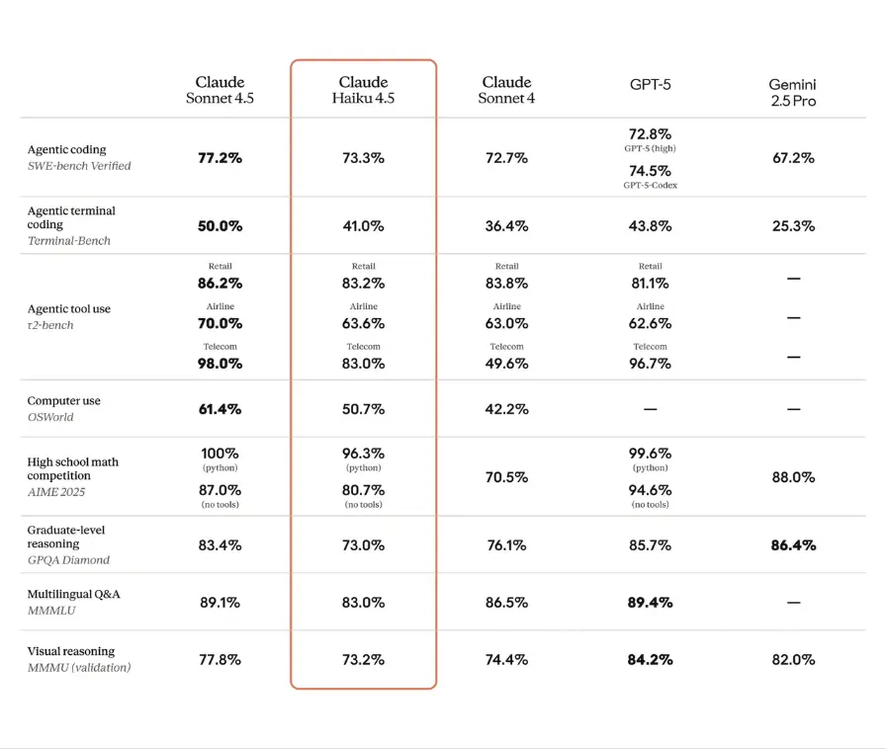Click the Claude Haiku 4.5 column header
(363, 90)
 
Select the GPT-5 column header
(650, 84)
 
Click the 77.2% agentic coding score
(220, 158)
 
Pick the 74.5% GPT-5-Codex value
(650, 170)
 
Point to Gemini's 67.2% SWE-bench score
(793, 158)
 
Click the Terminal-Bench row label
(69, 240)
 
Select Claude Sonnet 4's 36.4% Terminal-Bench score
(506, 226)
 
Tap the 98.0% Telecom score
(220, 364)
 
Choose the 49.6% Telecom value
(506, 364)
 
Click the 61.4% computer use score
(220, 409)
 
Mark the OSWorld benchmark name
(50, 417)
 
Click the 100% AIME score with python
(220, 454)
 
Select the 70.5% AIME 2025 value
(506, 477)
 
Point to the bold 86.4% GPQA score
(793, 544)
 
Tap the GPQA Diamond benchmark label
(68, 559)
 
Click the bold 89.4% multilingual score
(650, 602)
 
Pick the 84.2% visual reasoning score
(650, 659)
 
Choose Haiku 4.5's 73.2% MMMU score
(363, 659)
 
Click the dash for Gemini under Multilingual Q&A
(793, 602)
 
